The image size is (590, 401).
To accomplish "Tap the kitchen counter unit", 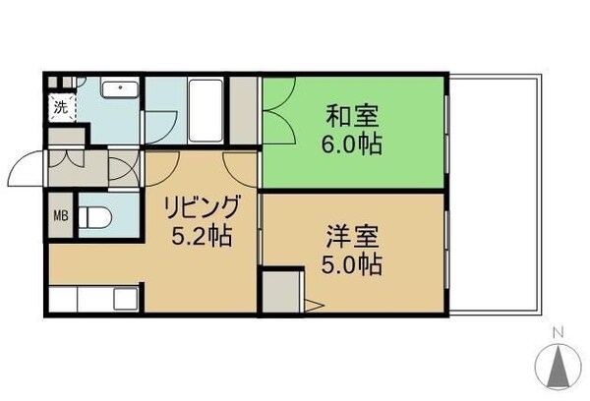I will coord(92,298).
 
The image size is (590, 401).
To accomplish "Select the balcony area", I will coord(495,192).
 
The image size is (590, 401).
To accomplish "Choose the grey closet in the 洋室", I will coord(281,291).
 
